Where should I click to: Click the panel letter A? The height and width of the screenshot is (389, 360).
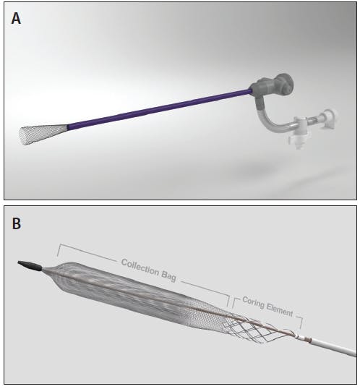point(16,19)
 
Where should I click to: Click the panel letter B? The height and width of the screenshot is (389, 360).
point(17,223)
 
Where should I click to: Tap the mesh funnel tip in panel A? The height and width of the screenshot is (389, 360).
point(43,134)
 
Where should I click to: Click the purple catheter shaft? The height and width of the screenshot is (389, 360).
point(160,109)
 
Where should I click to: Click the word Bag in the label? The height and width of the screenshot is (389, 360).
point(169,276)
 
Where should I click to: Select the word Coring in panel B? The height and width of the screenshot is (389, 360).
point(253,302)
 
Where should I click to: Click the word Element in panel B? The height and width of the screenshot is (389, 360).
point(280,309)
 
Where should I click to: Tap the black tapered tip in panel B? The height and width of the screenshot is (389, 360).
point(30,265)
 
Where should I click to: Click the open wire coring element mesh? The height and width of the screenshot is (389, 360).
point(258,329)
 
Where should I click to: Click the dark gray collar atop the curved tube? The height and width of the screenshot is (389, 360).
point(260,104)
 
